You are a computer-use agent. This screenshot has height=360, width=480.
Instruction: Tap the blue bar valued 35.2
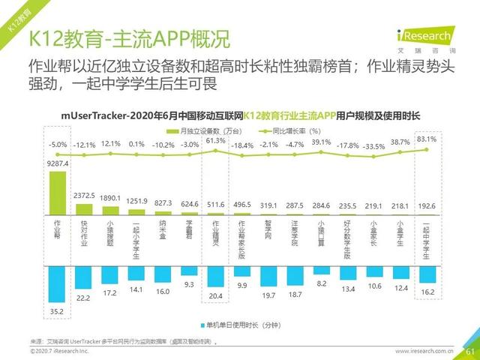(x=57, y=282)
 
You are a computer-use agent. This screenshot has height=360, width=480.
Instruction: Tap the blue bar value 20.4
(x=216, y=295)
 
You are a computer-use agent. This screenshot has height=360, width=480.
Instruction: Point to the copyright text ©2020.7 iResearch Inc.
(x=59, y=350)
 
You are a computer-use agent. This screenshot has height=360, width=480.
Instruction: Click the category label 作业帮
(x=57, y=229)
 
